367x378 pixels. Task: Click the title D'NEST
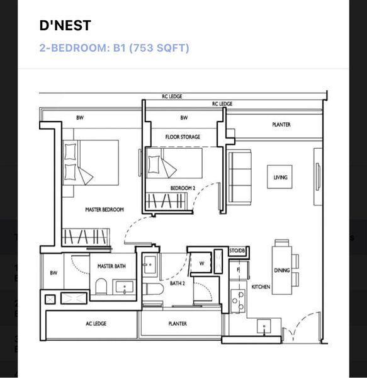[x=65, y=26]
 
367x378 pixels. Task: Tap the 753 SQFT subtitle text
[x=161, y=48]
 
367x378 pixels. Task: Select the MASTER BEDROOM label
[x=104, y=209]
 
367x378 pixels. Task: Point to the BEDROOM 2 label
[x=183, y=188]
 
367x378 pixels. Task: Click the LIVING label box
[x=280, y=178]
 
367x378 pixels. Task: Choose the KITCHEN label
[x=261, y=287]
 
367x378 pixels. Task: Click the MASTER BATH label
[x=111, y=266]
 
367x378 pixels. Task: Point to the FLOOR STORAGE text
[x=183, y=137]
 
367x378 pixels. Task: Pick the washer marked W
[x=201, y=263]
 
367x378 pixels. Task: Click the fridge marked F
[x=238, y=270]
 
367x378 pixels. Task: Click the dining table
[x=281, y=268]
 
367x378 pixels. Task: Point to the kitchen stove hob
[x=237, y=301]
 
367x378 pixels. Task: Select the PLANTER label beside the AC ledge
[x=178, y=324]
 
